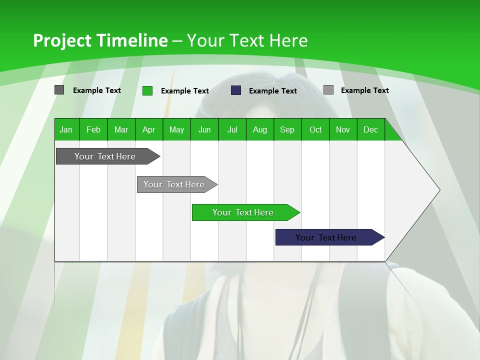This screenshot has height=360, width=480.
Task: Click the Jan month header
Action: click(66, 129)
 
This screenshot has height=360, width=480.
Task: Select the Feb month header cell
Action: click(93, 129)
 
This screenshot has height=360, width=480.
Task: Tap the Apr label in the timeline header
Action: click(148, 129)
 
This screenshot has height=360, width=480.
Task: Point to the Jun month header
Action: click(204, 129)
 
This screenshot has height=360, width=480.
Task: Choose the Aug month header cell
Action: click(259, 129)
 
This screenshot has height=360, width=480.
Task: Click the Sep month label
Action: click(287, 129)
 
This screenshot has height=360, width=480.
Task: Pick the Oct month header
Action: click(315, 129)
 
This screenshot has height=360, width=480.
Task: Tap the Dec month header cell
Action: click(370, 129)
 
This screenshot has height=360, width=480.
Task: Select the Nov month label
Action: click(343, 129)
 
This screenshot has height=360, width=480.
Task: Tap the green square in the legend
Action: click(147, 90)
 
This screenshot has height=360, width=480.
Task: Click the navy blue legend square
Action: click(236, 90)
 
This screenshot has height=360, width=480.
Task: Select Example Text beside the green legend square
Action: click(185, 91)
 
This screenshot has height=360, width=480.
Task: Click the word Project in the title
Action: click(62, 40)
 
